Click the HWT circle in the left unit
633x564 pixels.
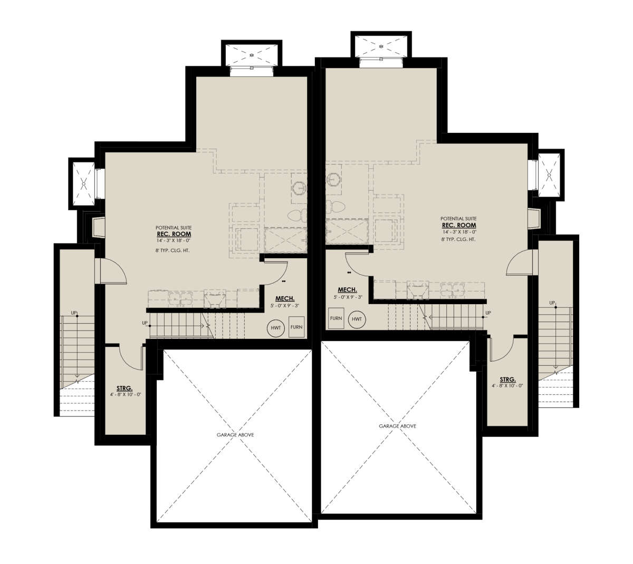coord(275,328)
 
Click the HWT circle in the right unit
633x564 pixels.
coord(357,319)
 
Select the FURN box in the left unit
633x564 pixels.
coord(296,327)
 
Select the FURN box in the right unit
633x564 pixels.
coord(336,318)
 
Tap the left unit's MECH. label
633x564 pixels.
coord(285,298)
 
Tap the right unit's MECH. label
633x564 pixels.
coord(348,290)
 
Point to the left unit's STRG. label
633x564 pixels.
coord(124,388)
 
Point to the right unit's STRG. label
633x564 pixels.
coord(507,380)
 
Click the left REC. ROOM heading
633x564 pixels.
coord(174,234)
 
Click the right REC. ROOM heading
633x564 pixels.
coord(459,225)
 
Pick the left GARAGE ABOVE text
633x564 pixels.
coord(235,435)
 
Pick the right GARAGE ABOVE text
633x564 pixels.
coord(397,426)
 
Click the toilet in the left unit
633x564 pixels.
coord(298,215)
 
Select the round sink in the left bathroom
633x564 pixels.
coord(300,188)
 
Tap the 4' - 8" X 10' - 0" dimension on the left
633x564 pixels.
coord(126,394)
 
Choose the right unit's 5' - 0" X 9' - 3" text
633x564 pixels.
coord(348,297)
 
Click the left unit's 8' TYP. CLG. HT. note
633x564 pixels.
coord(172,250)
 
